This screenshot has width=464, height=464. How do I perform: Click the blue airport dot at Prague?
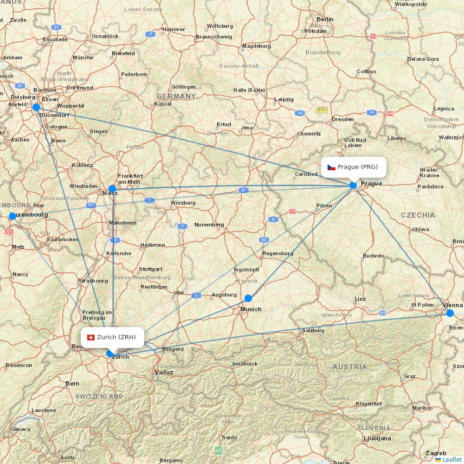pos(353,186)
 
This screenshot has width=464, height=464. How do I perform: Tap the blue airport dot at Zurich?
pos(110,354)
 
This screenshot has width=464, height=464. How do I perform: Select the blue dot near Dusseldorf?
pos(36,107)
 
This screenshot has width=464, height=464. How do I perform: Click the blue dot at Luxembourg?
pos(13,216)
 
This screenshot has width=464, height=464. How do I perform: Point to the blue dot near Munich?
pos(248,298)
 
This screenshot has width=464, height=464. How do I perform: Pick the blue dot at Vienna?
pos(450,313)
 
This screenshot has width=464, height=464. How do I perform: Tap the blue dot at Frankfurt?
pos(112,188)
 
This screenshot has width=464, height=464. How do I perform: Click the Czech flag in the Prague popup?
pos(331,167)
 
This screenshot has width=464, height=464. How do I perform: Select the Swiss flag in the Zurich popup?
pos(91,337)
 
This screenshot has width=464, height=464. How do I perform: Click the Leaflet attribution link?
pos(451,459)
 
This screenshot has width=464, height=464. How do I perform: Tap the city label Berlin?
pos(325,19)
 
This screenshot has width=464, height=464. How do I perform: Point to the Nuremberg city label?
pos(209,225)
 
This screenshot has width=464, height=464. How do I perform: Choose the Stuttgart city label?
pos(150,269)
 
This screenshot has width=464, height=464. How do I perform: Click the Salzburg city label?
pos(313,330)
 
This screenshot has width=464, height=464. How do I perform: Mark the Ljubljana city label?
pos(377,438)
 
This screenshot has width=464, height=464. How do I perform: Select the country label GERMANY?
pos(176,97)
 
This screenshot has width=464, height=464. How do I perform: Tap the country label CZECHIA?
pos(418,215)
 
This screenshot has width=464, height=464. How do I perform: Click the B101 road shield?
pos(322,110)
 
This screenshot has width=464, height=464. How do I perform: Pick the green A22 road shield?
pos(218,450)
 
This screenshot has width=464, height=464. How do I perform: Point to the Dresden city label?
pos(342,119)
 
